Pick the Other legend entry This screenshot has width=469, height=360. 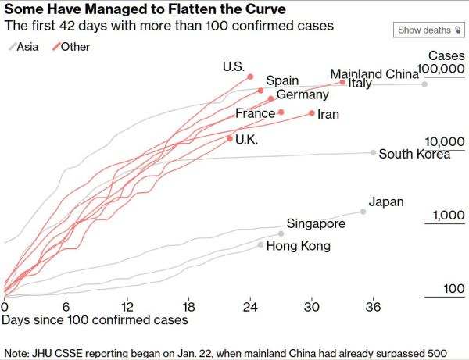[70, 47]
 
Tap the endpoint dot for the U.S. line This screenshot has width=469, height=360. [250, 77]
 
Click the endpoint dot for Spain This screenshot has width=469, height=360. [260, 91]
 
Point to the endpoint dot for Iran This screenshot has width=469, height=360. [312, 113]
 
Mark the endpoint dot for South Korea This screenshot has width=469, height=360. [374, 153]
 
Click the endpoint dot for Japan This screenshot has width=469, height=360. [363, 212]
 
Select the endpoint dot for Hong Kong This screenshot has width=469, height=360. [261, 244]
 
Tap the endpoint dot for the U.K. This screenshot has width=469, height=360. [229, 138]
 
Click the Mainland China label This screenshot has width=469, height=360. [374, 74]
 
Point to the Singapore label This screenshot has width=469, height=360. [316, 224]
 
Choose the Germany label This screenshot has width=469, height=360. [303, 95]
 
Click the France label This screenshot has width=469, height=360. [256, 113]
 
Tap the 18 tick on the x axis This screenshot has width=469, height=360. [188, 305]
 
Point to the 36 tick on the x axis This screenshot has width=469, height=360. [374, 305]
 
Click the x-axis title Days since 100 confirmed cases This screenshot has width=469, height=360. [95, 319]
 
